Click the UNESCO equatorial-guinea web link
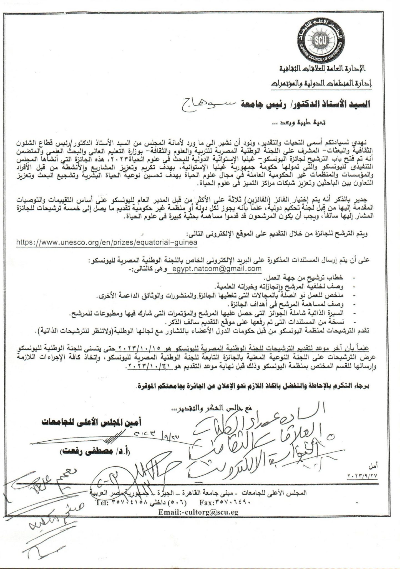[107, 242]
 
